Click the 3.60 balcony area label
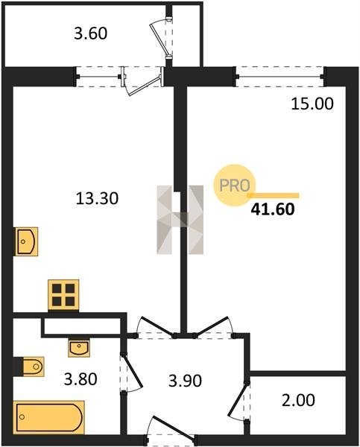coord(91,34)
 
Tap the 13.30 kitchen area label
coord(97,198)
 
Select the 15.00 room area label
coord(312,104)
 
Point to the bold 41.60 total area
coord(273,209)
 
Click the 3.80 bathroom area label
coord(80,379)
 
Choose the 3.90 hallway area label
coord(185,381)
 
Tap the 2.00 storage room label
coord(298,400)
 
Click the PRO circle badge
coord(235,186)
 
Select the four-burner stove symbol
coord(63,295)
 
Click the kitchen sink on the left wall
coord(26,241)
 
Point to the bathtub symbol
coord(49,417)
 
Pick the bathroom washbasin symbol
coord(79,348)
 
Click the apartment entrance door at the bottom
coord(171,430)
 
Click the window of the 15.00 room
coord(280,77)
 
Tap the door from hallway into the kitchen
coord(156,327)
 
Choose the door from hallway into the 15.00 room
coord(213,327)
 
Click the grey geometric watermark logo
coord(180,220)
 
